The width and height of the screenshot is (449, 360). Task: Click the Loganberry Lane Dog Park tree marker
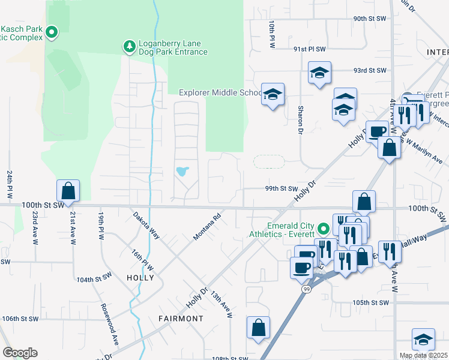click(128, 46)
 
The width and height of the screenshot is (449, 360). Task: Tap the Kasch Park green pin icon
click(52, 32)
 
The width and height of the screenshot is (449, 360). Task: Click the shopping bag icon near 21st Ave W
click(68, 191)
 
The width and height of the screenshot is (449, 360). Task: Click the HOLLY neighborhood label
click(140, 278)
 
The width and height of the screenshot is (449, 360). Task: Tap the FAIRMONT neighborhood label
click(181, 318)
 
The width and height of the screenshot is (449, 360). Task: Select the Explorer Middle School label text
click(220, 92)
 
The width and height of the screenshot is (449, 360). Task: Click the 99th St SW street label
click(282, 188)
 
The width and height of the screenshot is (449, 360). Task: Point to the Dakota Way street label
click(146, 226)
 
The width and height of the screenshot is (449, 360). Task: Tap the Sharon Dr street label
click(300, 120)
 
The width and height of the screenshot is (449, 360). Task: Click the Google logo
click(20, 353)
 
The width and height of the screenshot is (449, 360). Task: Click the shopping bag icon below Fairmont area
click(258, 328)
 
